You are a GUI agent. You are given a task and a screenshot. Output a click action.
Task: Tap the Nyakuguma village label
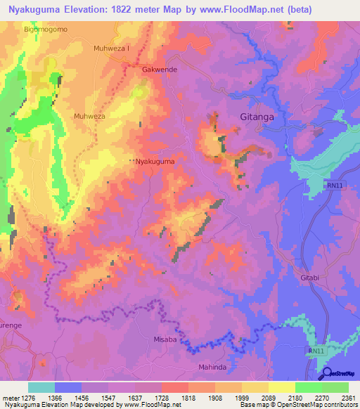[x=155, y=161]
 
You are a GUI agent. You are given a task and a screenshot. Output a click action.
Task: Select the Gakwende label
[x=160, y=71]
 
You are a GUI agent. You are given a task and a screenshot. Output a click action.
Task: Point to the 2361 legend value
[x=349, y=397]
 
